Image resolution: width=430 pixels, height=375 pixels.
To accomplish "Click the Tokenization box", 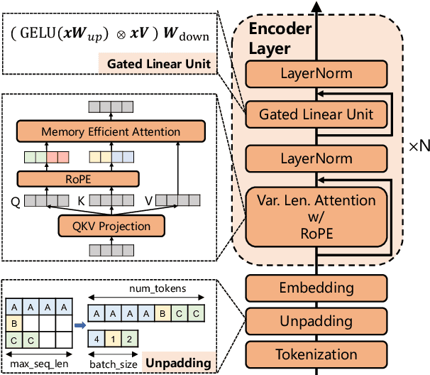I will click(x=316, y=354).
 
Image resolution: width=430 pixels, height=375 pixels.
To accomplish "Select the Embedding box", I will click(x=316, y=288).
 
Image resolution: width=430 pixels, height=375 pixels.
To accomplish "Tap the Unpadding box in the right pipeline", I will click(x=316, y=321).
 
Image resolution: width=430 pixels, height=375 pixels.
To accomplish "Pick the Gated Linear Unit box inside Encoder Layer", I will click(x=316, y=114).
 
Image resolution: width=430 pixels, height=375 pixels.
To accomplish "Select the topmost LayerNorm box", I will click(x=316, y=74).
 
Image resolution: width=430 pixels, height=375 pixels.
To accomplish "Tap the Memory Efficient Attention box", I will click(x=111, y=131).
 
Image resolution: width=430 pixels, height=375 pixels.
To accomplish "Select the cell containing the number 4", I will click(x=95, y=339).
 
